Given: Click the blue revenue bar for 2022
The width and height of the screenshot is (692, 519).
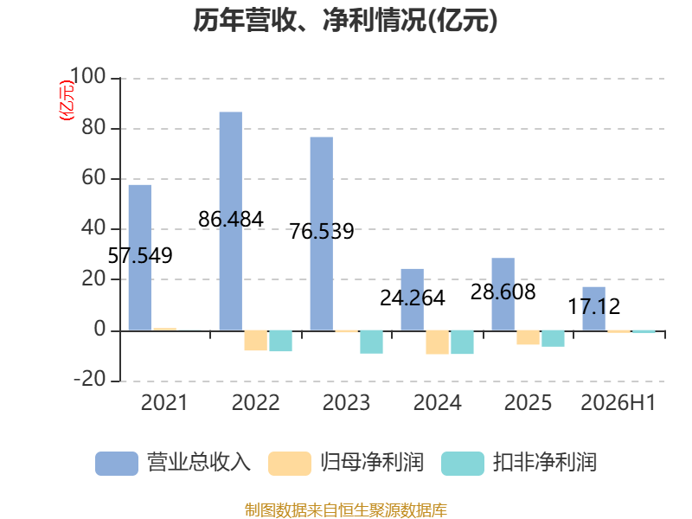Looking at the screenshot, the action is (231, 221).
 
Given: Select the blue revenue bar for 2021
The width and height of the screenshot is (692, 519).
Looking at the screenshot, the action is (140, 258).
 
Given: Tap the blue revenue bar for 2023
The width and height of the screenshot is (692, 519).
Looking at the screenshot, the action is (322, 234).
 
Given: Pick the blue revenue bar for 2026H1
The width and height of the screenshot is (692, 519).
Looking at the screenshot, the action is (594, 309).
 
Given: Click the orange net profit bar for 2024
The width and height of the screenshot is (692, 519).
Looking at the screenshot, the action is (438, 342).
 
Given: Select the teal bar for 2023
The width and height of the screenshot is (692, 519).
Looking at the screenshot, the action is (372, 342).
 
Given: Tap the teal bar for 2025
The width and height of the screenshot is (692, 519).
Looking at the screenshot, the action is (553, 338).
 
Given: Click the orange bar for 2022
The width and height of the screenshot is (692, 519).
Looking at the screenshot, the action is (255, 340).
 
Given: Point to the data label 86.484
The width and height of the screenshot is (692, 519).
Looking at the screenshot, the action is (231, 220).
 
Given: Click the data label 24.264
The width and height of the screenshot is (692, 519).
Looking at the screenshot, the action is (413, 298).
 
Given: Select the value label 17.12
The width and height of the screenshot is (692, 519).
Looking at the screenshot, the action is (594, 307).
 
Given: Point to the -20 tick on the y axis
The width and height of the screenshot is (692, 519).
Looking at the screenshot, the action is (90, 379).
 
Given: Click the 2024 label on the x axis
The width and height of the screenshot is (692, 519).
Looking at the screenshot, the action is (438, 402).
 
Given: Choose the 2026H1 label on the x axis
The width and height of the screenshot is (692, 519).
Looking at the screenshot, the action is (618, 402).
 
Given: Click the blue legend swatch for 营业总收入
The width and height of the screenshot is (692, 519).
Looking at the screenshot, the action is (117, 464).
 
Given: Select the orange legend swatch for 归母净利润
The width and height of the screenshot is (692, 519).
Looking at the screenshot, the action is (290, 464).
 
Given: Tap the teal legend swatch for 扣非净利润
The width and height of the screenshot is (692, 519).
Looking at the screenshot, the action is (463, 464).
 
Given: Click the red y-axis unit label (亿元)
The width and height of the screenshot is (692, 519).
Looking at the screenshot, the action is (67, 100).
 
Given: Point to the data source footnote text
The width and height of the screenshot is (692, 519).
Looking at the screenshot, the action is (346, 510).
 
